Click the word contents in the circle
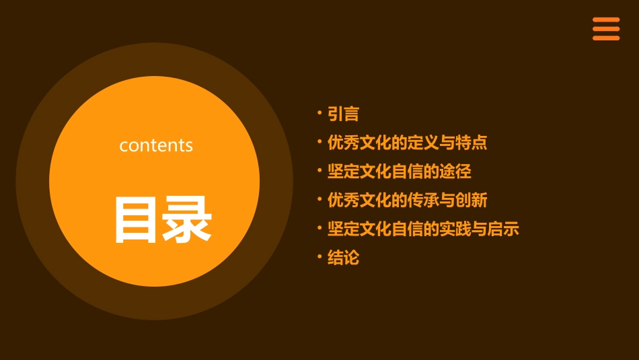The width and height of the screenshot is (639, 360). click(156, 145)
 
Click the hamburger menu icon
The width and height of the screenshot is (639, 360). click(606, 29)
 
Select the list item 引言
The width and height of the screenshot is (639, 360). click(343, 114)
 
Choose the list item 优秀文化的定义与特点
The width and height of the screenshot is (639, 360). click(407, 143)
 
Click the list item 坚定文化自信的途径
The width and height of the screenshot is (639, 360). click(399, 172)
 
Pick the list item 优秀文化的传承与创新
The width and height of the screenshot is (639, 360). click(407, 200)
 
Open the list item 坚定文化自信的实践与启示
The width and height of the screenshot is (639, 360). click(423, 229)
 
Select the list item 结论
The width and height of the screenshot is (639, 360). click(343, 258)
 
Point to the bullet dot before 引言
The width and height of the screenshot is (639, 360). click(319, 112)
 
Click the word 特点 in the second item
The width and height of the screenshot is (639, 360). click(472, 143)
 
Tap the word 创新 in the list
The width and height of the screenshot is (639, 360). click(472, 200)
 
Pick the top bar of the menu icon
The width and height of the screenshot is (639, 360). click(606, 20)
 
